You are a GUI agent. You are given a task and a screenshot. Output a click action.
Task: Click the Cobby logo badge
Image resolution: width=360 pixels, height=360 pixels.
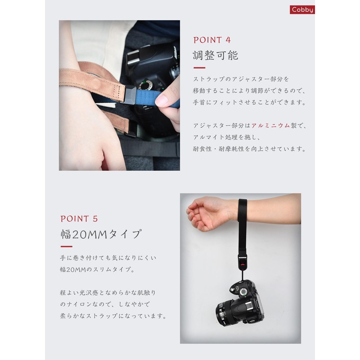pos(302,9)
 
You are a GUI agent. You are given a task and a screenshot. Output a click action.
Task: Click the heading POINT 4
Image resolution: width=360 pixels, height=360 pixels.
pos(213,40)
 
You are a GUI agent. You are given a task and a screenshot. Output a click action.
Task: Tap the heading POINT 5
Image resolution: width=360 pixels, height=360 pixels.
pos(79,219)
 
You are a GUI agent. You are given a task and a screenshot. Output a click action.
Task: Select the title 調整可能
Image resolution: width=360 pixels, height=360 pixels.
pos(215,55)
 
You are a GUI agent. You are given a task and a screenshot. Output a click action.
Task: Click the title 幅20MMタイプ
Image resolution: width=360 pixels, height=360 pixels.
pos(101,234)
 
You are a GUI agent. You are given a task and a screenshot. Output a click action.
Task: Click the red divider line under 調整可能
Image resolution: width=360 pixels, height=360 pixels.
pos(199,68)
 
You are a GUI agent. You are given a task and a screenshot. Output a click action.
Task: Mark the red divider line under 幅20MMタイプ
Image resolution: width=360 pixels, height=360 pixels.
pos(66,247)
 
